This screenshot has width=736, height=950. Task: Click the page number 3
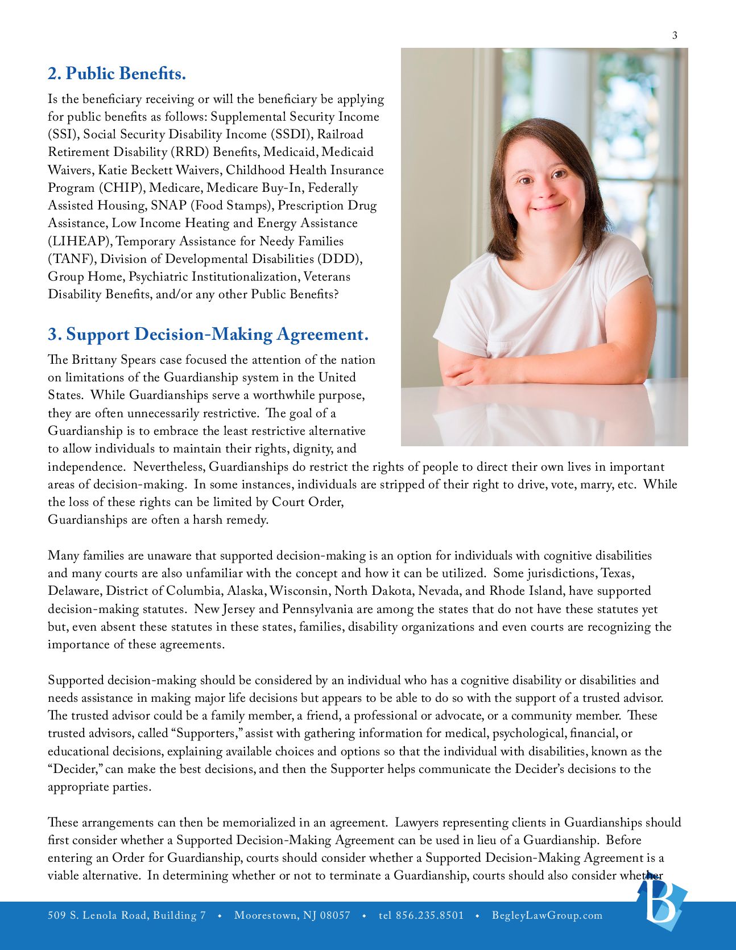pos(675,35)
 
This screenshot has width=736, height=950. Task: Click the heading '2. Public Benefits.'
pos(117,73)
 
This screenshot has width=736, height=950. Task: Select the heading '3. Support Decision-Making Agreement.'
pos(208,334)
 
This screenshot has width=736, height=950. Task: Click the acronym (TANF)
pos(72,258)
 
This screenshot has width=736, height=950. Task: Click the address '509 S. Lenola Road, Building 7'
pos(127,915)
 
